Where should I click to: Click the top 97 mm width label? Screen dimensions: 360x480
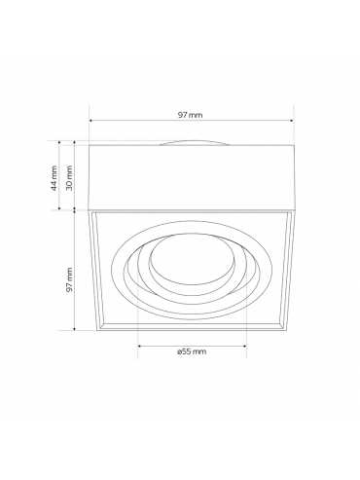click(190, 115)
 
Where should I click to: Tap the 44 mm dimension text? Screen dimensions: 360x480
click(54, 178)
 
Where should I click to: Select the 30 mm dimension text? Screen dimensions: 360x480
click(69, 178)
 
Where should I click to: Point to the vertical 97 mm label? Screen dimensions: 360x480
click(69, 279)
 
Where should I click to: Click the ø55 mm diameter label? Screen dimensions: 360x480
click(192, 351)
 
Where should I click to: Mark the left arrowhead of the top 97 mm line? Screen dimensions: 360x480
click(90, 121)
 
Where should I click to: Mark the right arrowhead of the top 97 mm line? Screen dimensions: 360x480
click(292, 121)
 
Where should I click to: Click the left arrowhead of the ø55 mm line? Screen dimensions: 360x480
click(140, 346)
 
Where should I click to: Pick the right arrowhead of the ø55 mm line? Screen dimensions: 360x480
click(244, 346)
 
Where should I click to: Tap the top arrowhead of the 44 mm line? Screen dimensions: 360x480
click(59, 142)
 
